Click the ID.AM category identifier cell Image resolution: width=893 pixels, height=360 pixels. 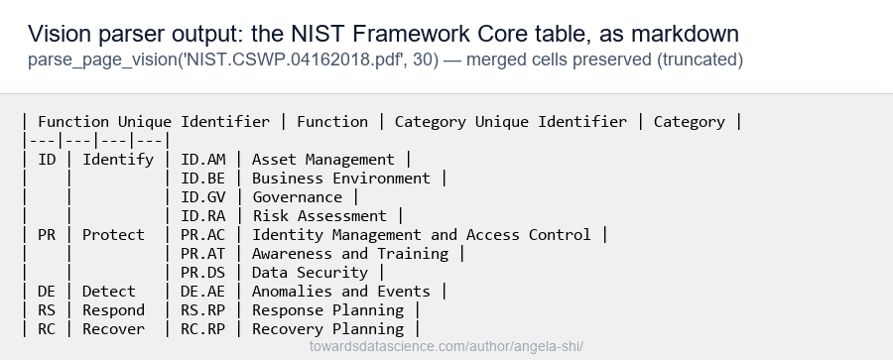pyautogui.click(x=202, y=160)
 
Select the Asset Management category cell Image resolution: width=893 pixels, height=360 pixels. pyautogui.click(x=322, y=160)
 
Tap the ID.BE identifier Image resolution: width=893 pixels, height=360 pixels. pyautogui.click(x=202, y=179)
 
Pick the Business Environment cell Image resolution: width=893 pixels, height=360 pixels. pyautogui.click(x=341, y=179)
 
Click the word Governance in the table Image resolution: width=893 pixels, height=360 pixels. pyautogui.click(x=297, y=197)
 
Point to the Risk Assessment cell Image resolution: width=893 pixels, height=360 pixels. pyautogui.click(x=319, y=216)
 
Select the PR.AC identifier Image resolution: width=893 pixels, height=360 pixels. pyautogui.click(x=202, y=235)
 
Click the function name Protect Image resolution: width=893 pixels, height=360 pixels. pyautogui.click(x=113, y=235)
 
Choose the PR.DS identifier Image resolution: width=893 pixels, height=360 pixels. pyautogui.click(x=202, y=273)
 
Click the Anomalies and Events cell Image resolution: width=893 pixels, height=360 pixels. pyautogui.click(x=341, y=292)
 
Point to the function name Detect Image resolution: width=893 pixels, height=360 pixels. pyautogui.click(x=109, y=292)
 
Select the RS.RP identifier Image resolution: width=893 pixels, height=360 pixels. pyautogui.click(x=202, y=309)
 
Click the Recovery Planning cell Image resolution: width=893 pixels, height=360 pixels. pyautogui.click(x=328, y=328)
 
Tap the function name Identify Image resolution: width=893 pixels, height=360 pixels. pyautogui.click(x=118, y=160)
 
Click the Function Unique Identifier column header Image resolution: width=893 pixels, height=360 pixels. pyautogui.click(x=154, y=122)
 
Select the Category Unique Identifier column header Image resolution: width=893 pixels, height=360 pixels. pyautogui.click(x=511, y=122)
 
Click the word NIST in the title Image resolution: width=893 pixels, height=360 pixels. pyautogui.click(x=318, y=34)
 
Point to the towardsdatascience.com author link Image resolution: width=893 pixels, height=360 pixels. pyautogui.click(x=446, y=346)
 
